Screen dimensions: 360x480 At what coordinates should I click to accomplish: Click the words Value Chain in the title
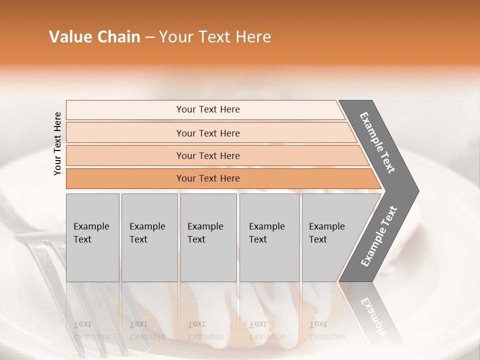coord(94,37)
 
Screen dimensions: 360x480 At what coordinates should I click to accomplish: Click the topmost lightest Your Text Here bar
coord(207,109)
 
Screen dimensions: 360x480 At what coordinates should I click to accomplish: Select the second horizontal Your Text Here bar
coord(207,133)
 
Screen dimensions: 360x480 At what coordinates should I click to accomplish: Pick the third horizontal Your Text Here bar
coord(207,155)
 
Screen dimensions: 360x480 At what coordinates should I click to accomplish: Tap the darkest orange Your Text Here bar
coord(207,178)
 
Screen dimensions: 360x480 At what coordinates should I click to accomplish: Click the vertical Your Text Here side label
coord(58,144)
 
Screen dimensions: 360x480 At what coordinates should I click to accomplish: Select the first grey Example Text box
coord(92,237)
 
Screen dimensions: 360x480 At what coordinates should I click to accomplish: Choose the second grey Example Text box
coord(149,237)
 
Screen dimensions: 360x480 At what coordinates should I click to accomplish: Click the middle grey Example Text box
coord(208,237)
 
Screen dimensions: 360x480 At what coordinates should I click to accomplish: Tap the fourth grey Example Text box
coord(269,237)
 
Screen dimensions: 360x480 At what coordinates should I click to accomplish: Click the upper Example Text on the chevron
coord(377,142)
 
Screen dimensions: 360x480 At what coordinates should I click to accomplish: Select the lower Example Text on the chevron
coord(378,236)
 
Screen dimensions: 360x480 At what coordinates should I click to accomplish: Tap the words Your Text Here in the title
coord(215,37)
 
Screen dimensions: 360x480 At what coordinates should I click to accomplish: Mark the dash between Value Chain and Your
coord(149,37)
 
